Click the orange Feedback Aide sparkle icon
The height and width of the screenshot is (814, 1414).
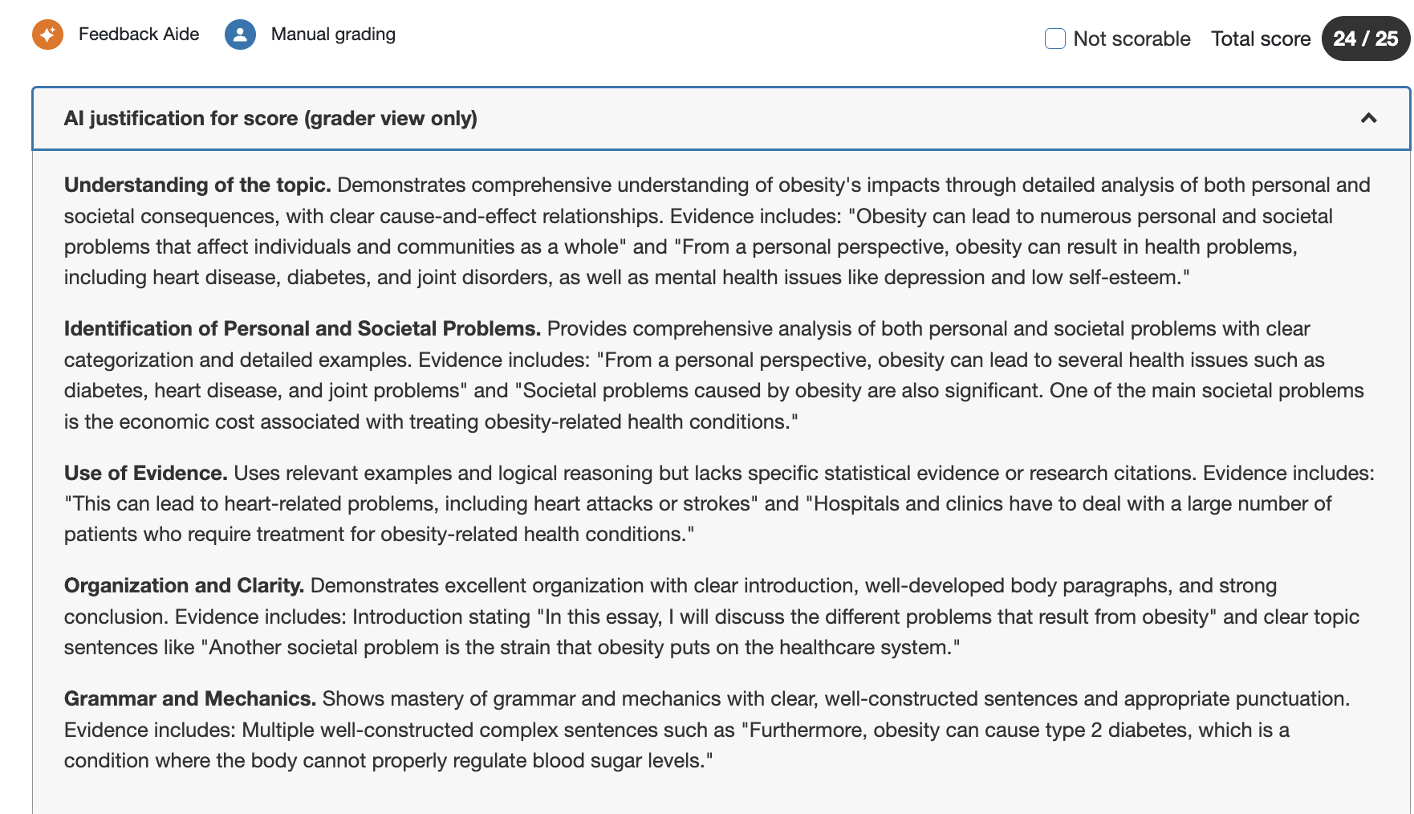(x=47, y=35)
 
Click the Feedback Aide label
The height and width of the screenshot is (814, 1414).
(x=139, y=35)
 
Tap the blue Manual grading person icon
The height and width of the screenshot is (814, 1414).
(x=240, y=35)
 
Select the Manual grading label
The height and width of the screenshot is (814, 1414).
(x=333, y=35)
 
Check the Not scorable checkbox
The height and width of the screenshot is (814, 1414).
(x=1055, y=39)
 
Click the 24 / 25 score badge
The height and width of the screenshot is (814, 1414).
(x=1365, y=39)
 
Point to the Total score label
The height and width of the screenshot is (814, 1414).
(x=1260, y=39)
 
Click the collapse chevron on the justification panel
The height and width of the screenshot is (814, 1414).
(x=1368, y=119)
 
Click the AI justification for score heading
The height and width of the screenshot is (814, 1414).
(x=270, y=119)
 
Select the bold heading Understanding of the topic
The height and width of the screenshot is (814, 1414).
(x=197, y=185)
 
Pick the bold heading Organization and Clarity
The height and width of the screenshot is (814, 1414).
(x=184, y=586)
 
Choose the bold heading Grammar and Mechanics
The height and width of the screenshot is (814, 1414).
(x=190, y=699)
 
